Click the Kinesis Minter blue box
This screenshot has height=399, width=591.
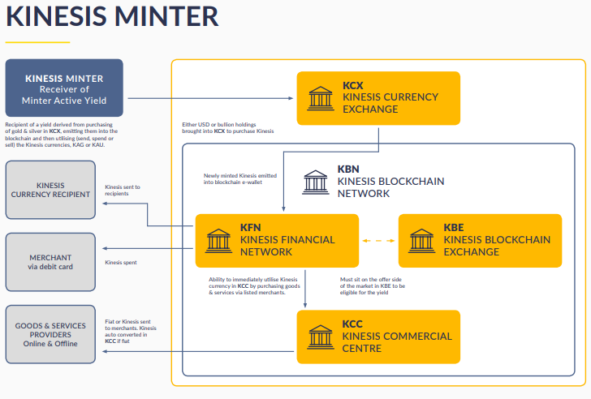click(64, 88)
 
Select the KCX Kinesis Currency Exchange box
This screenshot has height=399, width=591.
click(378, 97)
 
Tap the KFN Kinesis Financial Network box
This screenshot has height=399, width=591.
click(277, 240)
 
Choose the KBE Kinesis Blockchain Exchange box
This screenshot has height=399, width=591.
click(480, 240)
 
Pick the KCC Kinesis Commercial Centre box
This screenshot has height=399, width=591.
click(378, 336)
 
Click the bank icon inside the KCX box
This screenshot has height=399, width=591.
click(320, 97)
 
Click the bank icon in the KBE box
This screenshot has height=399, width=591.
click(421, 240)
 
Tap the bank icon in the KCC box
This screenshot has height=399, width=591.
click(320, 336)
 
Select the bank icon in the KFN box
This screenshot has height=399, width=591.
click(218, 240)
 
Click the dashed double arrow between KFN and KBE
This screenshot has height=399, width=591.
click(378, 240)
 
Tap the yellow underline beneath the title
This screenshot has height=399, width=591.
click(37, 41)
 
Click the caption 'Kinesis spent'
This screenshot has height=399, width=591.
click(120, 263)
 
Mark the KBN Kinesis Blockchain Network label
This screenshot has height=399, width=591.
click(390, 182)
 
